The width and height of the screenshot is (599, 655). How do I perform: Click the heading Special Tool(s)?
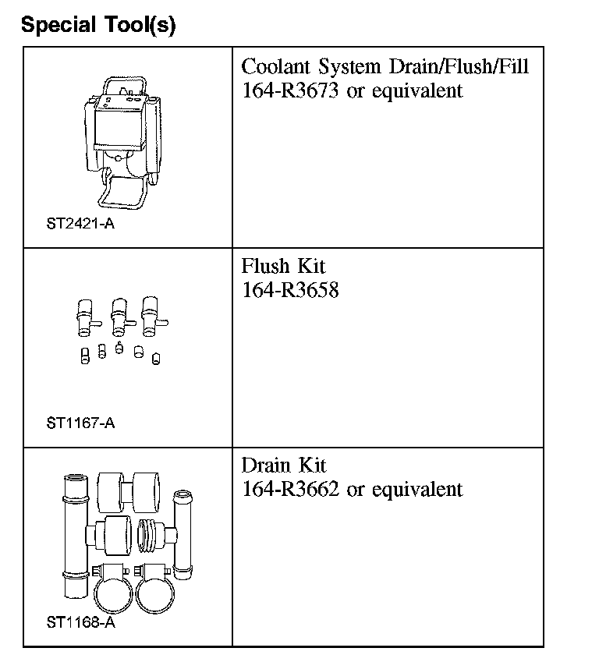click(x=98, y=25)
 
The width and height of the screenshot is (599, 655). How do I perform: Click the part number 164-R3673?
click(x=291, y=90)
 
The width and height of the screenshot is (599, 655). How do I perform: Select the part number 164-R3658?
click(x=290, y=290)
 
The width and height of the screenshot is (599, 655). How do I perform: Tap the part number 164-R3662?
click(x=291, y=489)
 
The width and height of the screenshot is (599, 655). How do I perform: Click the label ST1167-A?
click(x=80, y=423)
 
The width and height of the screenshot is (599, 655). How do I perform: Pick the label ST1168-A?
click(x=80, y=622)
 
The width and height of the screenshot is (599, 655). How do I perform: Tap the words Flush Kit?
click(x=283, y=266)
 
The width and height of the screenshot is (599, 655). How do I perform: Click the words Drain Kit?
click(x=284, y=466)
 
